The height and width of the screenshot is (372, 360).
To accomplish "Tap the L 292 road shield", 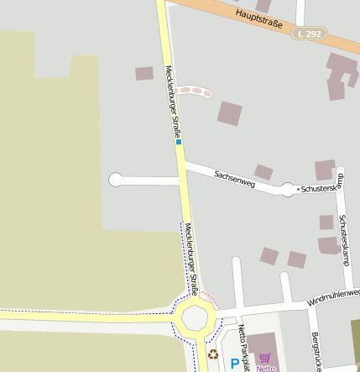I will tap(310, 34).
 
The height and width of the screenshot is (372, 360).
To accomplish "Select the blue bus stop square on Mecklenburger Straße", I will tap(179, 142).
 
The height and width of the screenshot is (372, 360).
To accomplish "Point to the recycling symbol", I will tap(213, 354).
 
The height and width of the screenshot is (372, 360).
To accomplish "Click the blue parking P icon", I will tap(234, 364).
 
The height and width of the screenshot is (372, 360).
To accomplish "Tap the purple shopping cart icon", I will tap(265, 358).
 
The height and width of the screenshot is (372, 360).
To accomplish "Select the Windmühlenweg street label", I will tap(332, 296).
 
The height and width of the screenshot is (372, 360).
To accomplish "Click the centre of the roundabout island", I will tap(196, 318).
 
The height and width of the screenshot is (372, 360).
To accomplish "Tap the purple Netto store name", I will tap(265, 368).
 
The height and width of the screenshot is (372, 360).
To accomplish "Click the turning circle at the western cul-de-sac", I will tap(116, 179).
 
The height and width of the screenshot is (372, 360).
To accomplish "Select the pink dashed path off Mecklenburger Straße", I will tap(192, 91).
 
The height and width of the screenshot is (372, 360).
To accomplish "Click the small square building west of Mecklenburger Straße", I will tap(144, 73).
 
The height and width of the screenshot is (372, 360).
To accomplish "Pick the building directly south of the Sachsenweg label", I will tap(263, 172).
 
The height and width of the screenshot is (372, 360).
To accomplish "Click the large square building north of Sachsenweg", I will tap(229, 113).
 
